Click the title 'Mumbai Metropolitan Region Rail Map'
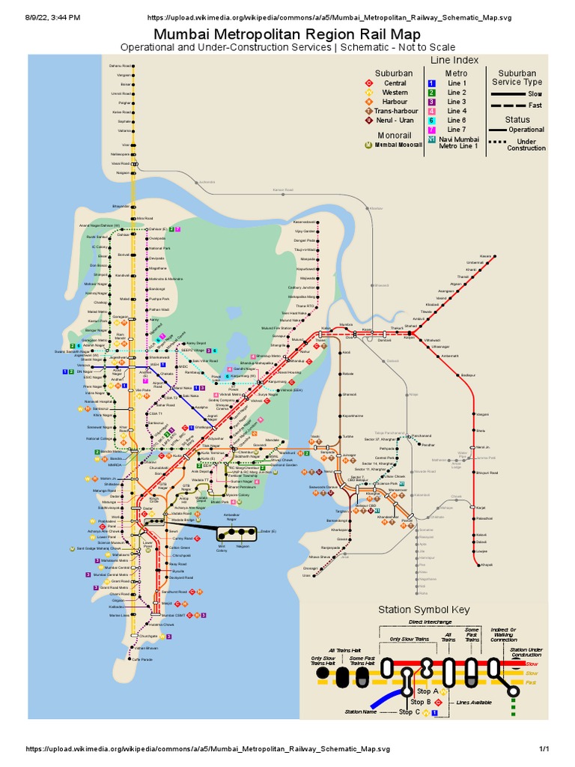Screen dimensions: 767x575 (x=287, y=34)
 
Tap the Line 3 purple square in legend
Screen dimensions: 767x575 (x=431, y=101)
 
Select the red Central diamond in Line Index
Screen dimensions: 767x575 (x=368, y=83)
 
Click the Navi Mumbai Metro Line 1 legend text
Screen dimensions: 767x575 (x=460, y=142)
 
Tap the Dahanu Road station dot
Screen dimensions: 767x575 (x=133, y=66)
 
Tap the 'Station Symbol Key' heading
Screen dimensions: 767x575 (x=424, y=609)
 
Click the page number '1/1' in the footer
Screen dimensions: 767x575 (x=544, y=748)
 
